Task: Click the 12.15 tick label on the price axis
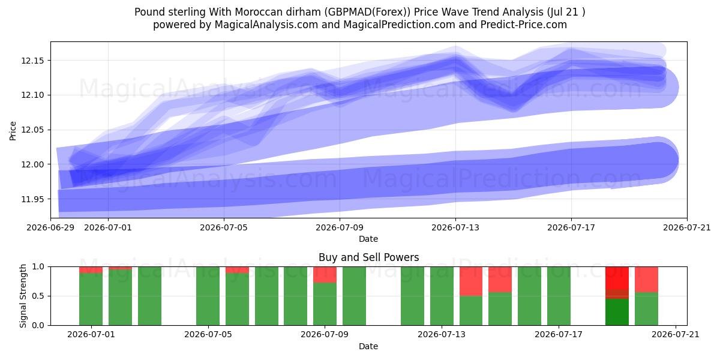click(x=32, y=61)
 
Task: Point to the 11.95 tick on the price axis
click(x=32, y=199)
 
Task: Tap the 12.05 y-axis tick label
click(x=32, y=130)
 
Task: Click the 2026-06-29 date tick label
click(x=50, y=227)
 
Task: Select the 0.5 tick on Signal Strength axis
click(x=38, y=296)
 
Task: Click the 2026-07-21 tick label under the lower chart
click(x=676, y=335)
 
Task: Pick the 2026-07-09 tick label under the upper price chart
click(x=340, y=227)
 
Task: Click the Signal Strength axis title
click(x=23, y=296)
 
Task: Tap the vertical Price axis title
click(x=13, y=131)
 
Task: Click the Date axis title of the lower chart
click(x=368, y=346)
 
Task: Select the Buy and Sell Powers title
click(x=368, y=257)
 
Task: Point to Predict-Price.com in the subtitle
click(x=524, y=25)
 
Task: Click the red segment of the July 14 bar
click(x=471, y=281)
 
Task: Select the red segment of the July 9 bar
click(x=325, y=275)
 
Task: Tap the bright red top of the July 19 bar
click(x=617, y=278)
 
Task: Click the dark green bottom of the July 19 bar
click(x=617, y=312)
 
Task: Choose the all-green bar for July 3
click(x=150, y=296)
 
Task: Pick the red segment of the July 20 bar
click(x=646, y=280)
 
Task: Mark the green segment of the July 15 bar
click(x=500, y=309)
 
